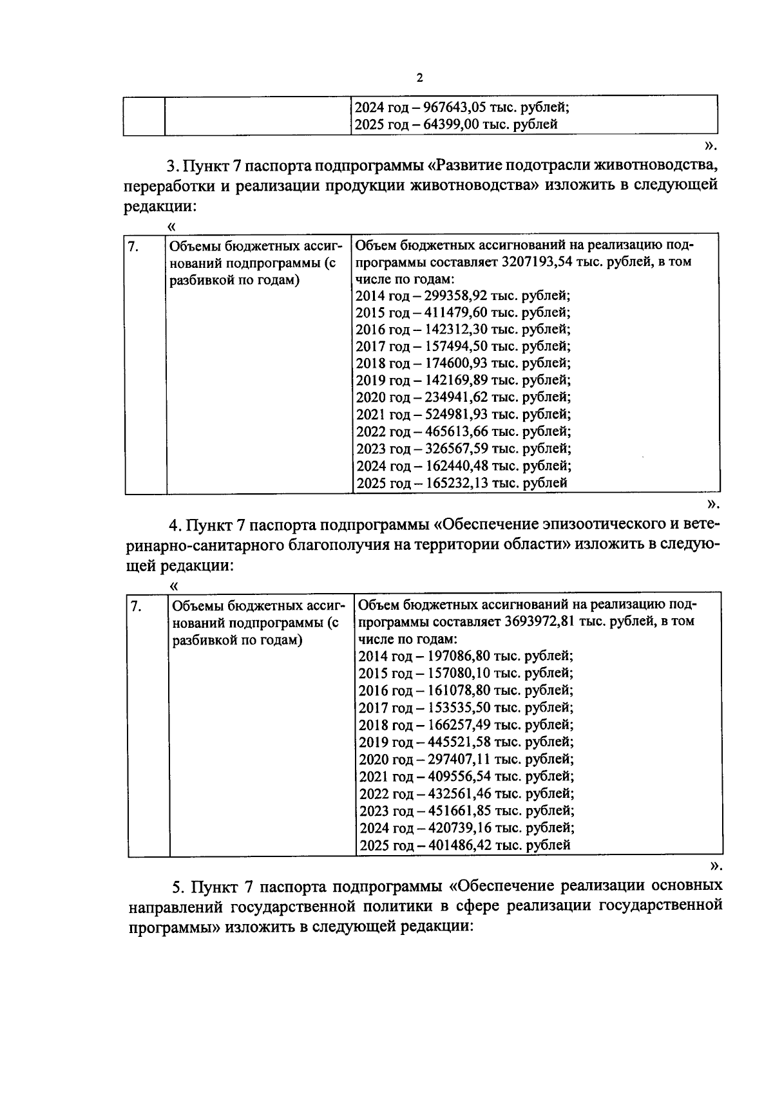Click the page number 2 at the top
[420, 79]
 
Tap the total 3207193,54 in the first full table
[540, 262]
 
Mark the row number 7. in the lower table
[136, 606]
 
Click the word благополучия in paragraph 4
[342, 545]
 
